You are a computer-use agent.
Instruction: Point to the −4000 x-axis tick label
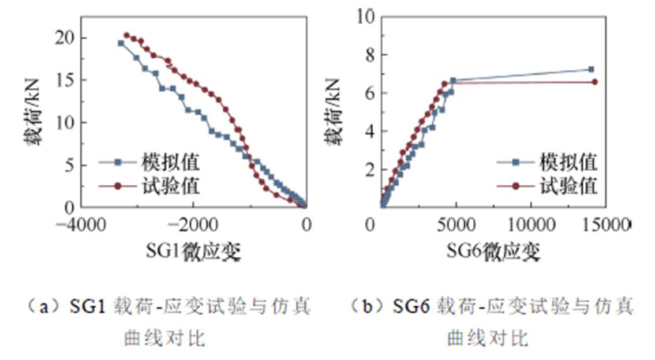(x=80, y=223)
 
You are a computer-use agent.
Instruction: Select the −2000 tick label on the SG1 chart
(x=192, y=223)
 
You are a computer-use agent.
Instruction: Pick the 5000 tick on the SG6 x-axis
(x=456, y=223)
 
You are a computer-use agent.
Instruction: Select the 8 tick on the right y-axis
(x=368, y=55)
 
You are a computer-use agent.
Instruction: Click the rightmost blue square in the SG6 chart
(x=590, y=69)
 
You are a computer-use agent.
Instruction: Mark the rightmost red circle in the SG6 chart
(x=595, y=82)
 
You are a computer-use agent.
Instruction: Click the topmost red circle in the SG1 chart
(x=127, y=35)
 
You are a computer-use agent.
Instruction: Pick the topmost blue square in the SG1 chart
(x=121, y=43)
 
